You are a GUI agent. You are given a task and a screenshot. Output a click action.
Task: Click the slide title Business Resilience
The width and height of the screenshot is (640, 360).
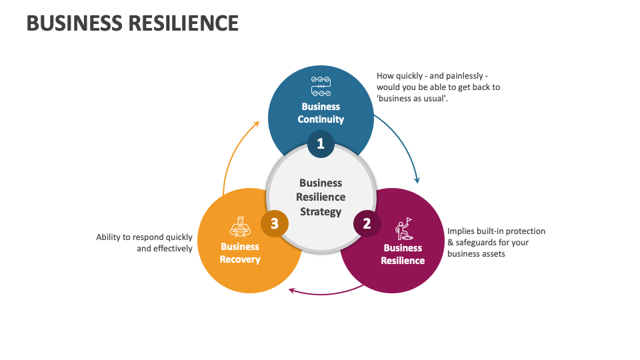click(x=132, y=23)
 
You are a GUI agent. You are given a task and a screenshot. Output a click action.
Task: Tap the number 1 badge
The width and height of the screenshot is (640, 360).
click(x=321, y=143)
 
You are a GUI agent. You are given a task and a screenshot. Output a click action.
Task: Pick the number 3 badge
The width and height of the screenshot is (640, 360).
click(x=274, y=223)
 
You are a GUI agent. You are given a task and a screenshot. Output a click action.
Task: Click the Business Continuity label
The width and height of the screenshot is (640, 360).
click(x=321, y=113)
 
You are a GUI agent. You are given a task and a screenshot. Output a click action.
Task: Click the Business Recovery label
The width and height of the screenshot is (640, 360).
click(x=240, y=253)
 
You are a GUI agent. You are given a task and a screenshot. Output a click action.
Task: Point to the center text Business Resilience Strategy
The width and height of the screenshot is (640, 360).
click(x=321, y=197)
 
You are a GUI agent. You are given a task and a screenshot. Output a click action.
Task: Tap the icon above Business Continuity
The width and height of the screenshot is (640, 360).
click(x=321, y=87)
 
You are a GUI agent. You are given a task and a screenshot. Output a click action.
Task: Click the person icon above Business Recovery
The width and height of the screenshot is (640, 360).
click(x=239, y=227)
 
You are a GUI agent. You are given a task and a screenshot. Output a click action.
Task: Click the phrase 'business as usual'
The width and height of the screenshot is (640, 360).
click(x=411, y=99)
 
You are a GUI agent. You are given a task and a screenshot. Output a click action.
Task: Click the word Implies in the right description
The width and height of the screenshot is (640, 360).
click(x=461, y=231)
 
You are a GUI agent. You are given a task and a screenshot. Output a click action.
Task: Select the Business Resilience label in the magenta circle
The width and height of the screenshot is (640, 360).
click(x=403, y=254)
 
